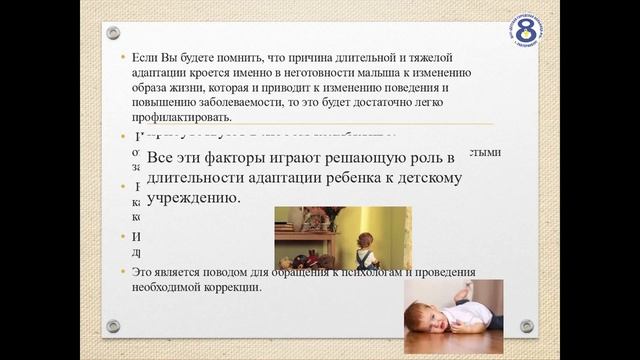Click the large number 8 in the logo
tap(524, 27)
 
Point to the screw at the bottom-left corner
tap(113, 326)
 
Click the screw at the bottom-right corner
tap(525, 326)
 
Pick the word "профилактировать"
tap(177, 117)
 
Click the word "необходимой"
tap(169, 288)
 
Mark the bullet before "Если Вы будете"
tap(123, 59)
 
